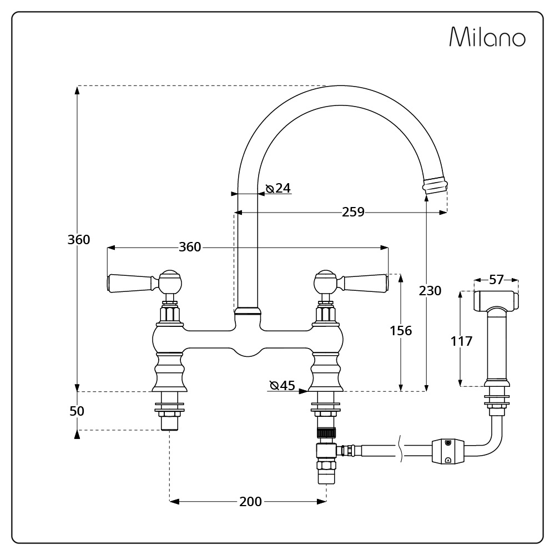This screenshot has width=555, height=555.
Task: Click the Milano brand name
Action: [487, 37]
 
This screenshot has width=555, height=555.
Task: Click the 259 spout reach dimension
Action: [353, 212]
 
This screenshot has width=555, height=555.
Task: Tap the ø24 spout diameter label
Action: [278, 188]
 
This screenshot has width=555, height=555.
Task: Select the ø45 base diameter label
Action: [282, 385]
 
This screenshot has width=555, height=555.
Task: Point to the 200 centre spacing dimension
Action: [250, 502]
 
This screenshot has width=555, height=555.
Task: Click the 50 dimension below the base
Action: [77, 411]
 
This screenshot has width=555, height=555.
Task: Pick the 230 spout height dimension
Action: [430, 291]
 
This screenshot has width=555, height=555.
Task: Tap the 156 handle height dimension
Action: [401, 331]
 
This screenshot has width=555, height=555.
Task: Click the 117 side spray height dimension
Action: [461, 341]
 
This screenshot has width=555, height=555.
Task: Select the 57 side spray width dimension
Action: [496, 280]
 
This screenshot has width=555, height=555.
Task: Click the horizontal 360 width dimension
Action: [190, 247]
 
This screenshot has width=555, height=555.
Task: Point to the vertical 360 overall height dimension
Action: [79, 240]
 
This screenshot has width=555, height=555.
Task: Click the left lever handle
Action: [130, 282]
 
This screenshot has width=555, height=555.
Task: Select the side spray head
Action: [496, 301]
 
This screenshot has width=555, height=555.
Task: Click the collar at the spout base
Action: [248, 311]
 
